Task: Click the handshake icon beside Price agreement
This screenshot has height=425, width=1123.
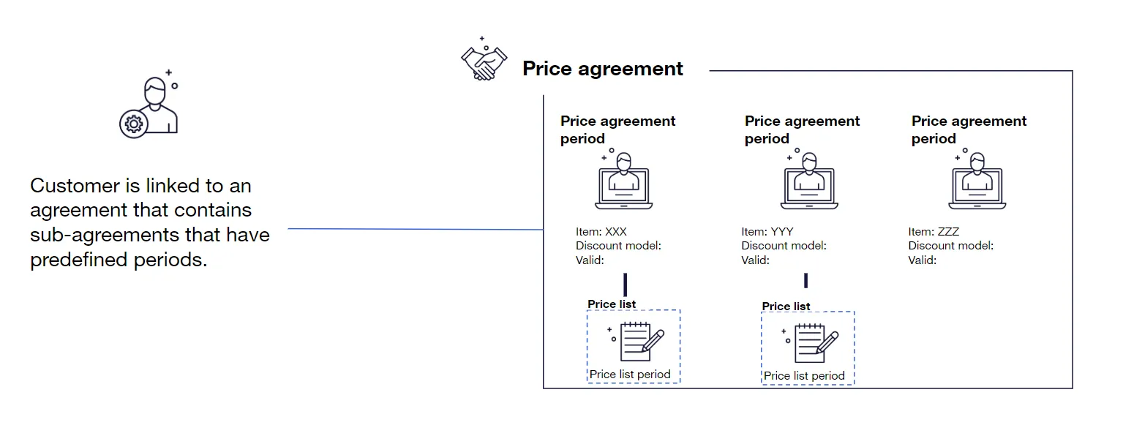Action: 484,62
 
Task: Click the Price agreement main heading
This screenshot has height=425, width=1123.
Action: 602,69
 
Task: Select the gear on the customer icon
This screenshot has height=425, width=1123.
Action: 133,124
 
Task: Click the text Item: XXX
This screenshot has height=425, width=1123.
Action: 601,232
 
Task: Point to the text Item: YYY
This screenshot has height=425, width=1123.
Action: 767,232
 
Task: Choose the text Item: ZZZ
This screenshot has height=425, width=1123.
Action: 934,232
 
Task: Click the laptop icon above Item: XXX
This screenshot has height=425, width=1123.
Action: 624,182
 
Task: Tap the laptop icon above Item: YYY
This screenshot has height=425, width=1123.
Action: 808,182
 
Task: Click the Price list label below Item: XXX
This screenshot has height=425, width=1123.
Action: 612,304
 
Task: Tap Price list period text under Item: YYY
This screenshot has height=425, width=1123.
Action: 804,376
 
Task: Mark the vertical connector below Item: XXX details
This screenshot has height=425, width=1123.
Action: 626,285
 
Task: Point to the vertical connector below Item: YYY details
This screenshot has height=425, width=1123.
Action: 805,280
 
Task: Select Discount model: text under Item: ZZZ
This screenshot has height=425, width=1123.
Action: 951,246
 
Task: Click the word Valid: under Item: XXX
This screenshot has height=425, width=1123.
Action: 590,260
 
